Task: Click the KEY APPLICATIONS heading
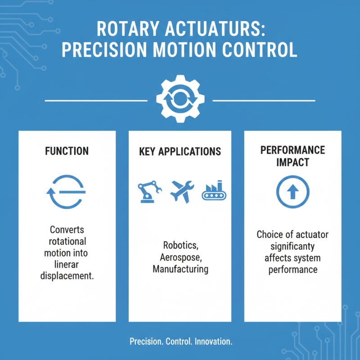180,151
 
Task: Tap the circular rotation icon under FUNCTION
67,192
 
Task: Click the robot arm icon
149,192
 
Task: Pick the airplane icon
182,192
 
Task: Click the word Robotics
180,246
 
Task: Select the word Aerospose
180,257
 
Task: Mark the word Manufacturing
180,269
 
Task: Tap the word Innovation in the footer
213,342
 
